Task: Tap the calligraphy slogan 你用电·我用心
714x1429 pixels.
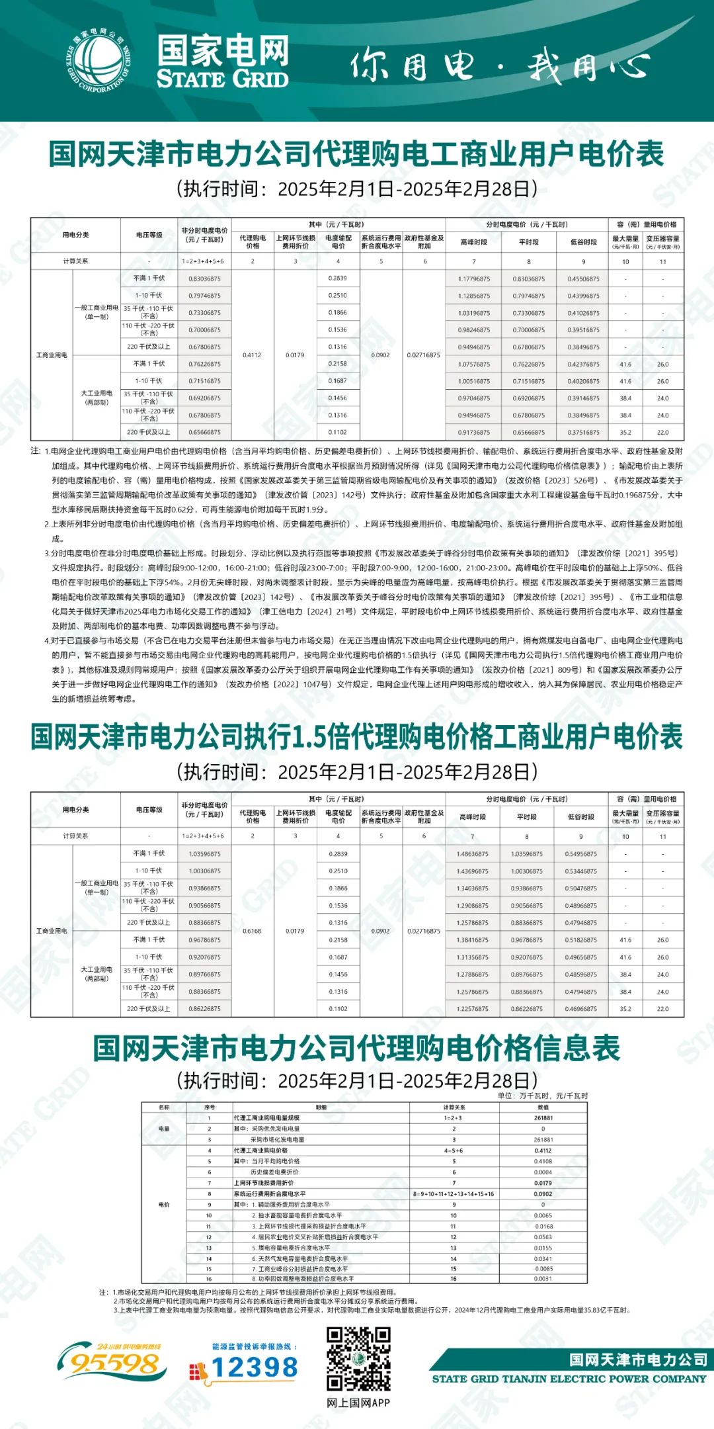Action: pyautogui.click(x=499, y=66)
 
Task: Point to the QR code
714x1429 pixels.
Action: pyautogui.click(x=358, y=1360)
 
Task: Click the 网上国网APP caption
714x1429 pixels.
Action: pyautogui.click(x=358, y=1403)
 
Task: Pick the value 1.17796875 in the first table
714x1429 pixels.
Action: pyautogui.click(x=474, y=279)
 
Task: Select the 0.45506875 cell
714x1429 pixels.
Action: pyautogui.click(x=583, y=279)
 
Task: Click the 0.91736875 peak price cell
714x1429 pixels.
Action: pyautogui.click(x=474, y=432)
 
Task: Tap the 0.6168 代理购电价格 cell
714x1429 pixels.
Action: pyautogui.click(x=252, y=931)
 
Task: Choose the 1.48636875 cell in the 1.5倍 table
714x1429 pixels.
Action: pyautogui.click(x=472, y=854)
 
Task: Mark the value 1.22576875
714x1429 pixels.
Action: pyautogui.click(x=472, y=1009)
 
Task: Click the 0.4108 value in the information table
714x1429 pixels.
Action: pyautogui.click(x=543, y=1161)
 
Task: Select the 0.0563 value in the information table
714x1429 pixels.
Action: pyautogui.click(x=543, y=1236)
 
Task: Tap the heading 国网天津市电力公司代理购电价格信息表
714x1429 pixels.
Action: pyautogui.click(x=356, y=1048)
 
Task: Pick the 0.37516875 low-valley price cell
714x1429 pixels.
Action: pyautogui.click(x=583, y=432)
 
